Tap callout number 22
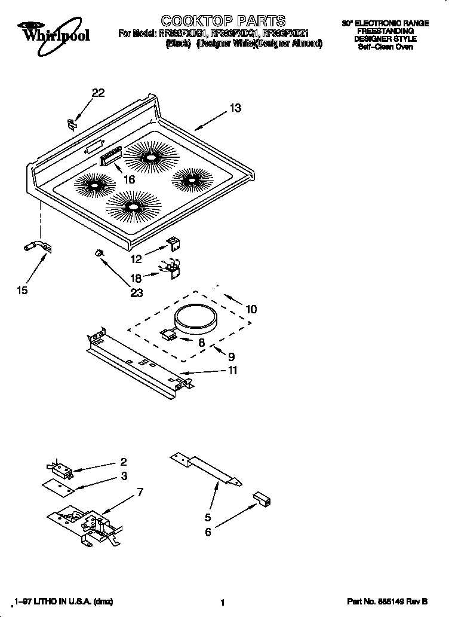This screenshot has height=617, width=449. (x=98, y=93)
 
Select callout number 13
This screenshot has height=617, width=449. (x=235, y=108)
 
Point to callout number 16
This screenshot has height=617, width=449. (x=128, y=179)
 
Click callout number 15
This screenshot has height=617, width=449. (x=21, y=291)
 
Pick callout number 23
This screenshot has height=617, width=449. (x=137, y=292)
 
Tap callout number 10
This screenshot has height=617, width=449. (x=251, y=309)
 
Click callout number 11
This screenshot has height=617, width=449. (x=232, y=370)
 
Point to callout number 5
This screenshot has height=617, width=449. (x=208, y=517)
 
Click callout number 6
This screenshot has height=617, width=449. (x=208, y=532)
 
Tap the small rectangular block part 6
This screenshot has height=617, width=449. (x=262, y=498)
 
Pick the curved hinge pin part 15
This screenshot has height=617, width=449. (x=36, y=246)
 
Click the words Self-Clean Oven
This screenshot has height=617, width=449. (x=385, y=47)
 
